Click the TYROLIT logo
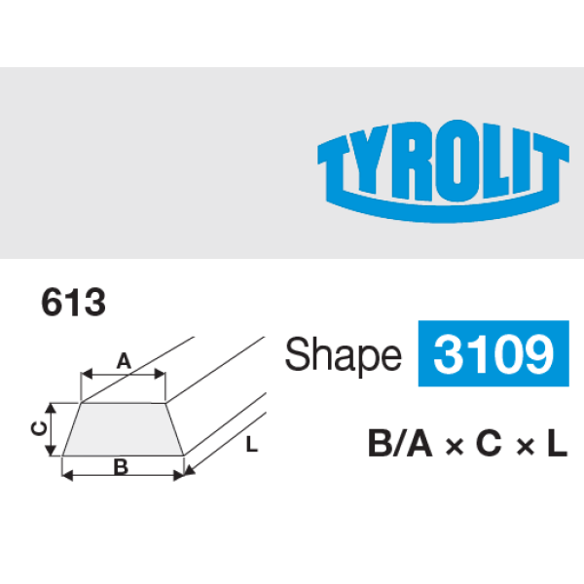pos(443,171)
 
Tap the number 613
pos(73,302)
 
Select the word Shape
pos(343,354)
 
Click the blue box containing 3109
pos(493,353)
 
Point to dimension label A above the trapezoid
pos(124,361)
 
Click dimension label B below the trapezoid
pos(121,466)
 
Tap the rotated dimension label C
pos(39,428)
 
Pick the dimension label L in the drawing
pos(252,445)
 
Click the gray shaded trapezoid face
pos(123,429)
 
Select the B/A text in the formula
pos(400,443)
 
